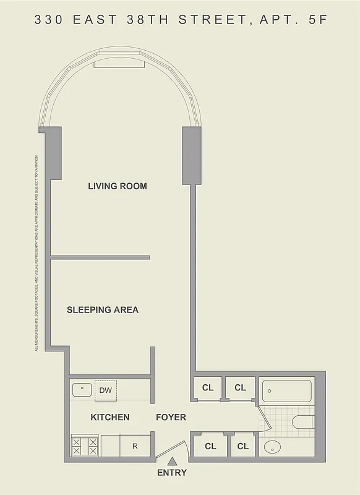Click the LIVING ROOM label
pos(118,186)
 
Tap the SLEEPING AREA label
pos(103,309)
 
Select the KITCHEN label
pos(110,417)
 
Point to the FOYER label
pos(171,417)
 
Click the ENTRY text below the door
pos(172,473)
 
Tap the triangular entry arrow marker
pos(172,460)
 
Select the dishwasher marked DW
pos(105,390)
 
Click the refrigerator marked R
pos(134,446)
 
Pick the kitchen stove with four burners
pos(85,445)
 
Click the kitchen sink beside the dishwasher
pos(82,390)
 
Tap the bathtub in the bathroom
pos(287,390)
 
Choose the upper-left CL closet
pos(208,388)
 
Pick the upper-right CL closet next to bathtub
pos(240,388)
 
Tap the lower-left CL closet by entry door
pos(210,446)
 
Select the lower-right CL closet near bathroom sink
pos(242,446)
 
